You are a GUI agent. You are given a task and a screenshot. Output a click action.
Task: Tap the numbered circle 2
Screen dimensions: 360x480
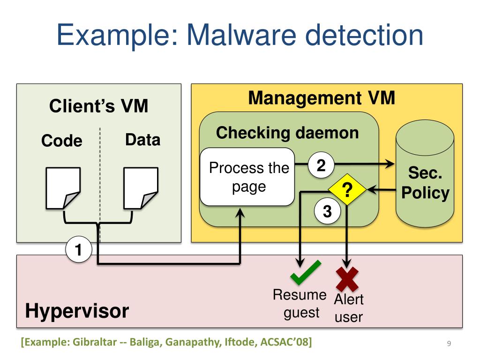tap(321, 165)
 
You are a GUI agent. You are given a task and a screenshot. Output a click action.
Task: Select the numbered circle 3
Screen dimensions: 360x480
tap(327, 212)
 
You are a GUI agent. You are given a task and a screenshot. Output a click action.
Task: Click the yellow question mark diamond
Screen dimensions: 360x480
tap(347, 190)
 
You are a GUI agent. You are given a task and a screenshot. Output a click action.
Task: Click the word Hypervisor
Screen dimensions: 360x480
tap(77, 311)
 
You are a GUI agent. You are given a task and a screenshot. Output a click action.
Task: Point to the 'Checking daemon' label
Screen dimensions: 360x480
tap(287, 133)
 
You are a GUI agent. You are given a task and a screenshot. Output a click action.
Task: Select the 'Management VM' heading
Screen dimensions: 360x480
tap(322, 98)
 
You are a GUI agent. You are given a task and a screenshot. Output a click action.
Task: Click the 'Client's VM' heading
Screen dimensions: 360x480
tap(99, 106)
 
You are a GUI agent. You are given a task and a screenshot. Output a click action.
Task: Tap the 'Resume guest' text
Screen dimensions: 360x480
tap(300, 304)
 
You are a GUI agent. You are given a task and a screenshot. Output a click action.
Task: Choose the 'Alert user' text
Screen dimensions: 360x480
tap(348, 308)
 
